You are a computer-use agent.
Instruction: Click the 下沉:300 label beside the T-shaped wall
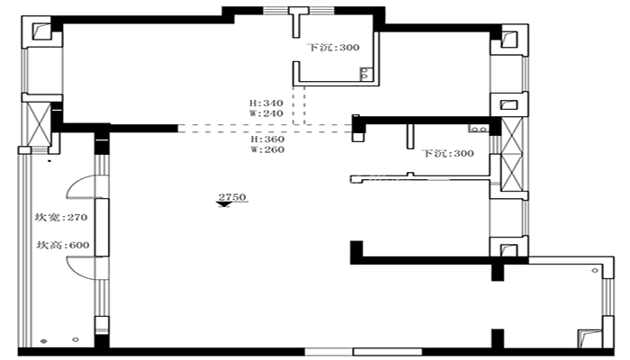point(333,48)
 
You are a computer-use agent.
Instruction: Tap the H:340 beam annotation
point(266,103)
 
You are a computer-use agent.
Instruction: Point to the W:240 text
point(266,113)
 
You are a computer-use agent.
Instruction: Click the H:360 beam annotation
point(267,139)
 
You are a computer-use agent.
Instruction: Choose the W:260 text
point(267,150)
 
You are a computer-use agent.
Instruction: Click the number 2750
point(232,197)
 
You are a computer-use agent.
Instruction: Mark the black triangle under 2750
point(224,204)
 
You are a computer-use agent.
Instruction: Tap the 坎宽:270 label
point(61,218)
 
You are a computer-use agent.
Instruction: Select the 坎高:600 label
point(63,245)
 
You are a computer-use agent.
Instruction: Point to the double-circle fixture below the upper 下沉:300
point(364,74)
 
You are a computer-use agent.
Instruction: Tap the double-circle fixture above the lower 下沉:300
point(478,129)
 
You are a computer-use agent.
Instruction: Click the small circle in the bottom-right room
point(595,270)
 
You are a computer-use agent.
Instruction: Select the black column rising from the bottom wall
point(498,338)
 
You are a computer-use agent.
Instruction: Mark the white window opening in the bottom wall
point(364,352)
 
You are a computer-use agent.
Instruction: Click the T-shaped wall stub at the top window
point(298,22)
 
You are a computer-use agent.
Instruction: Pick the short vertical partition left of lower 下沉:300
point(410,136)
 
